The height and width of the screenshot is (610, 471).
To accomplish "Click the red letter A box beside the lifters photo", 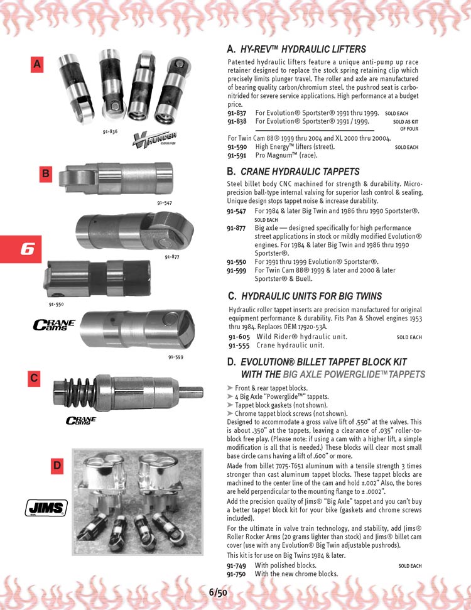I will click(x=38, y=63).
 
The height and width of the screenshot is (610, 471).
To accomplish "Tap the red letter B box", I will click(x=45, y=174).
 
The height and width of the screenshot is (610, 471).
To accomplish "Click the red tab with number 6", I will click(x=21, y=249).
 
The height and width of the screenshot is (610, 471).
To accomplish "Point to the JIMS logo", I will click(x=46, y=508).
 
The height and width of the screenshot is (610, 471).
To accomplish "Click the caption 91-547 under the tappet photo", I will click(x=165, y=203).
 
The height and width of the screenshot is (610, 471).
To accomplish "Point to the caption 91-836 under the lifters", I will click(x=109, y=132).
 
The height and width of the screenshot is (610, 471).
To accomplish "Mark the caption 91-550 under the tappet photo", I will click(x=57, y=304).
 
